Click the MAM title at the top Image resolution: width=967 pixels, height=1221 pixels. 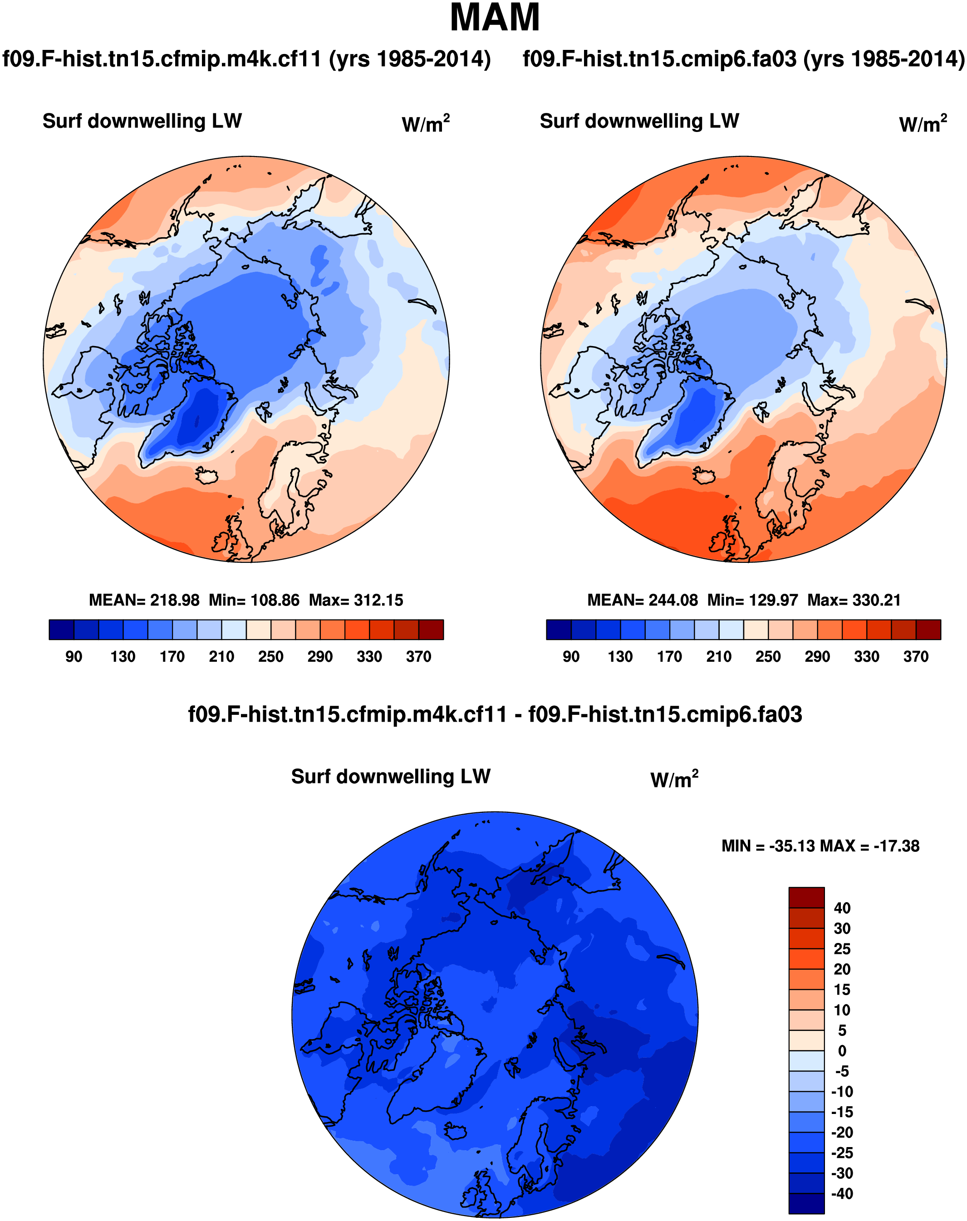tap(494, 18)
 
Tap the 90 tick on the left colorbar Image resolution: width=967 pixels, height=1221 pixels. tap(74, 656)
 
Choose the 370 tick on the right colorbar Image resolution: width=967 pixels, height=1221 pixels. tap(915, 656)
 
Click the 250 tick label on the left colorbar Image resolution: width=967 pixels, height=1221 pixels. tap(270, 656)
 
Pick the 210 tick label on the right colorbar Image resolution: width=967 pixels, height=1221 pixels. tap(718, 656)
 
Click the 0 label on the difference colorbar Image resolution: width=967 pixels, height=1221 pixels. tap(842, 1051)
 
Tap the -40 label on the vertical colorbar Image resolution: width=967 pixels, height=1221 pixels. tap(842, 1193)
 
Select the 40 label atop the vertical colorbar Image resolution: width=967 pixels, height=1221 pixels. tap(842, 908)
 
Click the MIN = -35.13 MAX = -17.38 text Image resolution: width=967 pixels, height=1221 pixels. tap(820, 846)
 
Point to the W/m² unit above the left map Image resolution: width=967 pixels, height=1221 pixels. tap(425, 124)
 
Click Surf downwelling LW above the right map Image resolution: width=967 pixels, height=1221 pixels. tap(639, 121)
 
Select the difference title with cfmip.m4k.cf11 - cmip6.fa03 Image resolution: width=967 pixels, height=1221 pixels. tap(495, 715)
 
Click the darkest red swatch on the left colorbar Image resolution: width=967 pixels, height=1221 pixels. tap(431, 629)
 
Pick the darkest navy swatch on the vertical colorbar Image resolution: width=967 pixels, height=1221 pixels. tap(806, 1203)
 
